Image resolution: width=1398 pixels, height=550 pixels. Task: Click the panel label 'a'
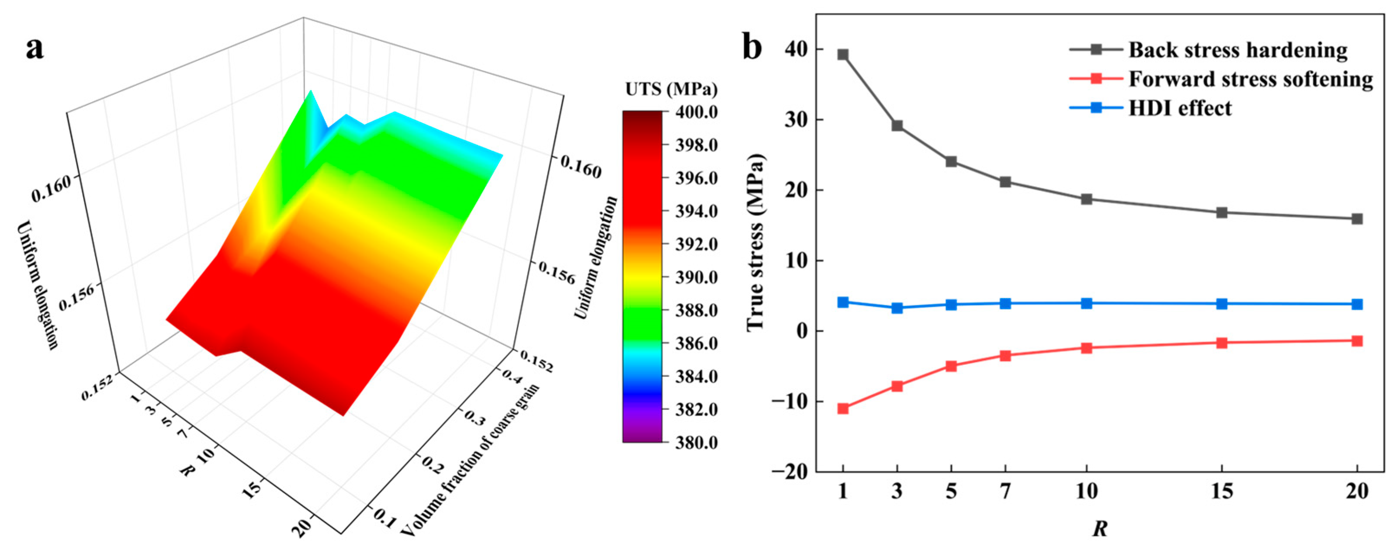34,49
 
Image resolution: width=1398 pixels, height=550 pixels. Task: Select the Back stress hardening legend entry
1237,50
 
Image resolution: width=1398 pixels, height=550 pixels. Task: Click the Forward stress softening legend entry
1250,79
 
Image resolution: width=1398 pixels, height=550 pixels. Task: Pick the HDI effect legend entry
1180,108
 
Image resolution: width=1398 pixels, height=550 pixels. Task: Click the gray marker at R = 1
843,55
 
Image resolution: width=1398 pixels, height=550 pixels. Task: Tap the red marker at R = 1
843,408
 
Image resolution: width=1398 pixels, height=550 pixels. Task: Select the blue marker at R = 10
1086,303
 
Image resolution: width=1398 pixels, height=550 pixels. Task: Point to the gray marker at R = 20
1357,219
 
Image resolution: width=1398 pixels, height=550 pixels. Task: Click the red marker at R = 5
951,366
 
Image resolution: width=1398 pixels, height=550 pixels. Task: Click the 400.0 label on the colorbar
696,112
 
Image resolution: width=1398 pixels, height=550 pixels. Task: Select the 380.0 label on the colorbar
696,443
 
